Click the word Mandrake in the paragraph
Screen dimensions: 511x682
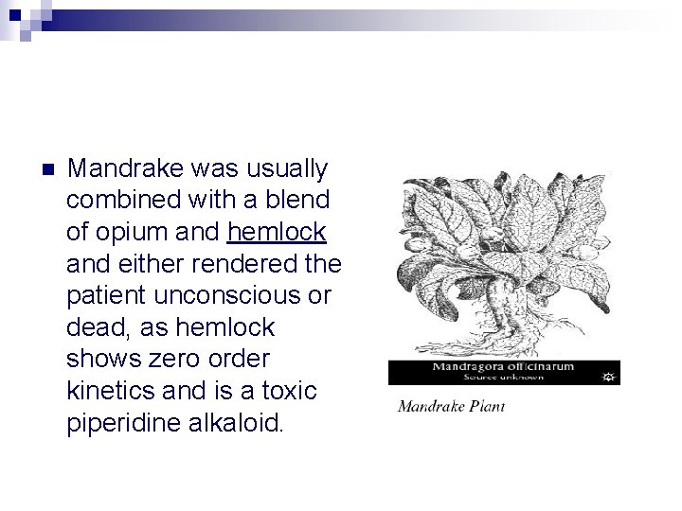[119, 169]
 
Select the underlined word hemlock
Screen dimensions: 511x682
[278, 232]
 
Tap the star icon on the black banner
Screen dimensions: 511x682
[608, 377]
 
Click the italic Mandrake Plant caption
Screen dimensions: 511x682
[451, 407]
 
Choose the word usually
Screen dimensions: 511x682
[283, 169]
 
